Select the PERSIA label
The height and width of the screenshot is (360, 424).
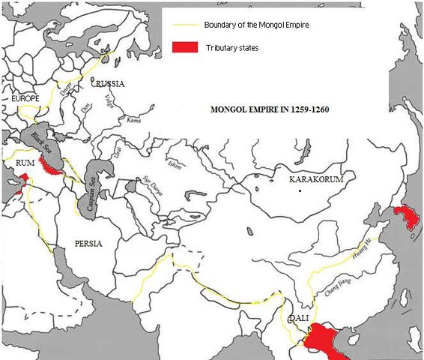tap(87, 244)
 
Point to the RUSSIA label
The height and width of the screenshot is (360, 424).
tap(109, 83)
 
